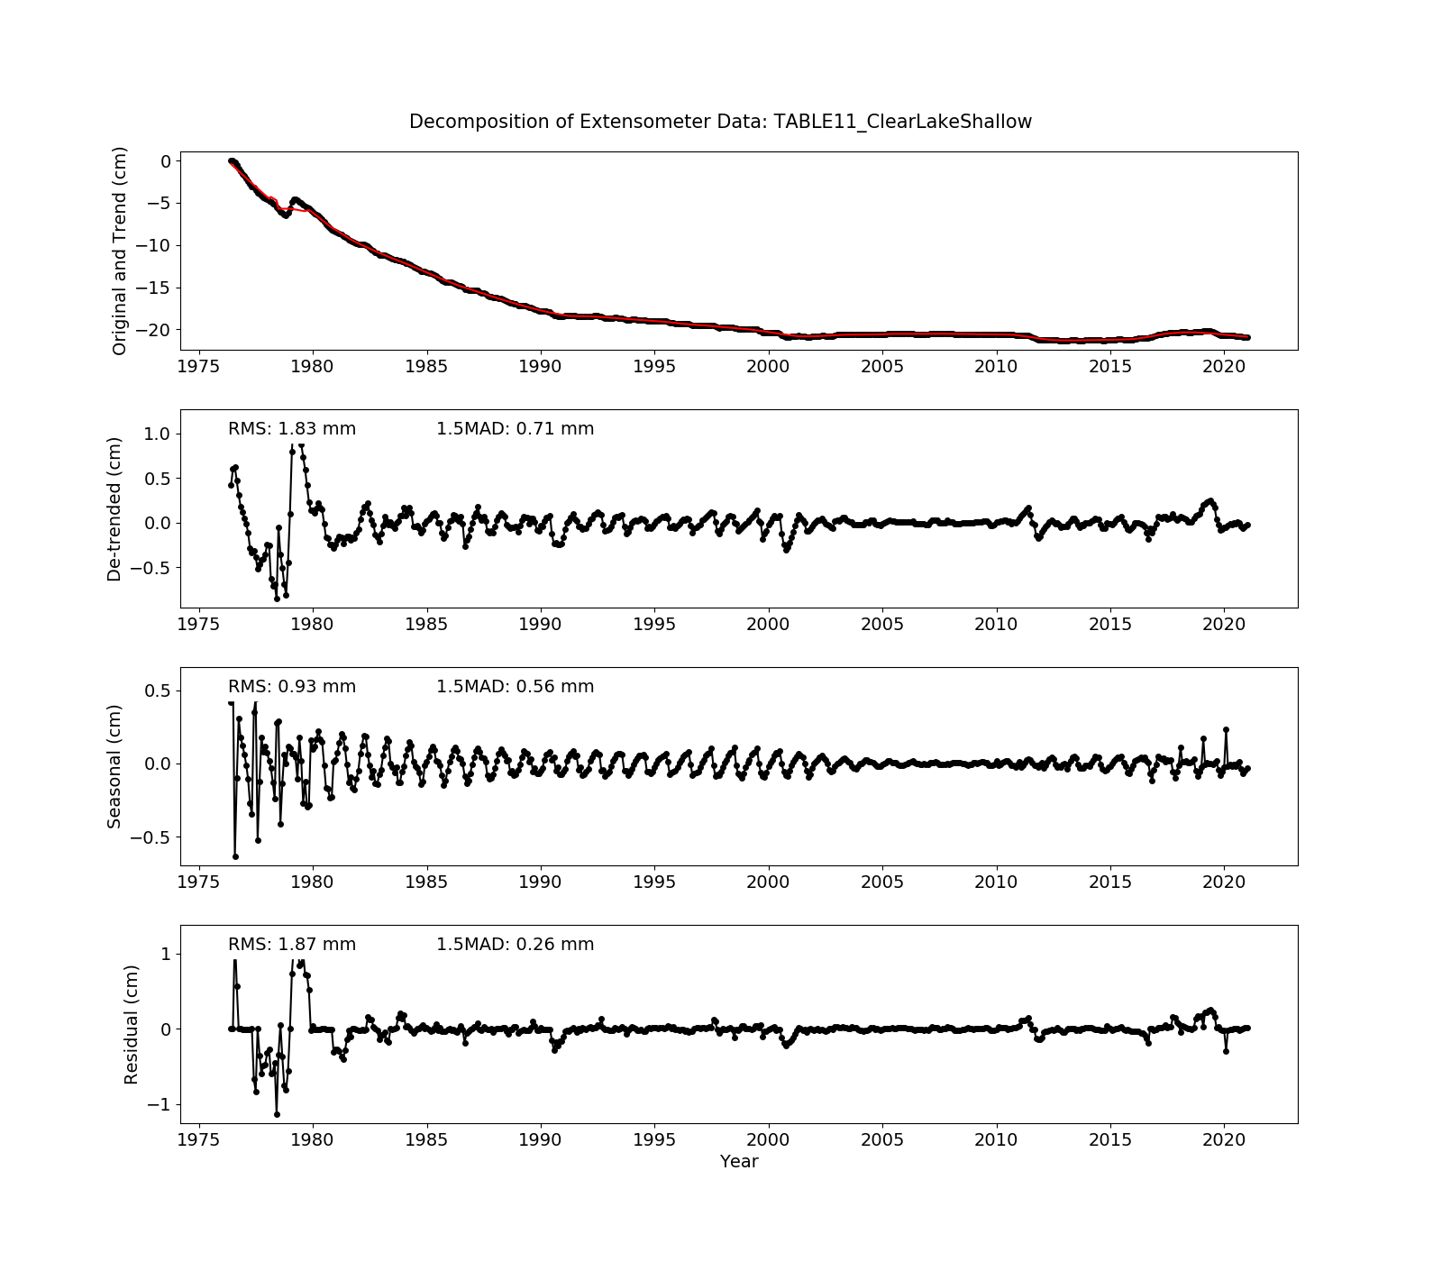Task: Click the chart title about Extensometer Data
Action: tap(720, 122)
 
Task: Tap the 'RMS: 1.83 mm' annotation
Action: tap(291, 429)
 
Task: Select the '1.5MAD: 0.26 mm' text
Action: tap(515, 945)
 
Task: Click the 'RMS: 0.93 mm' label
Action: tap(291, 687)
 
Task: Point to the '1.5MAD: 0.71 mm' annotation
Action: tap(515, 429)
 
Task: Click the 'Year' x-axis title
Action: tap(738, 1162)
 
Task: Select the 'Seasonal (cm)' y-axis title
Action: tap(114, 766)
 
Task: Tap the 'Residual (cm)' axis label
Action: tap(132, 1024)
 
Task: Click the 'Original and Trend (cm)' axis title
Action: tap(119, 251)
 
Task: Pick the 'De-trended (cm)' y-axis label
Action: tap(114, 508)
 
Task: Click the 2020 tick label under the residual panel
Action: tap(1224, 1139)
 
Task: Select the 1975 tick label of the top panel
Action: tap(199, 366)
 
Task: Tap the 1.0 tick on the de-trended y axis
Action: tap(157, 434)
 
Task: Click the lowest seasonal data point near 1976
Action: tap(235, 856)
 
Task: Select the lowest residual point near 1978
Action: tap(277, 1114)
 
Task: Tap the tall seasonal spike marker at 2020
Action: tap(1226, 730)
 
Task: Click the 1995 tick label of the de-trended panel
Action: tap(654, 624)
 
